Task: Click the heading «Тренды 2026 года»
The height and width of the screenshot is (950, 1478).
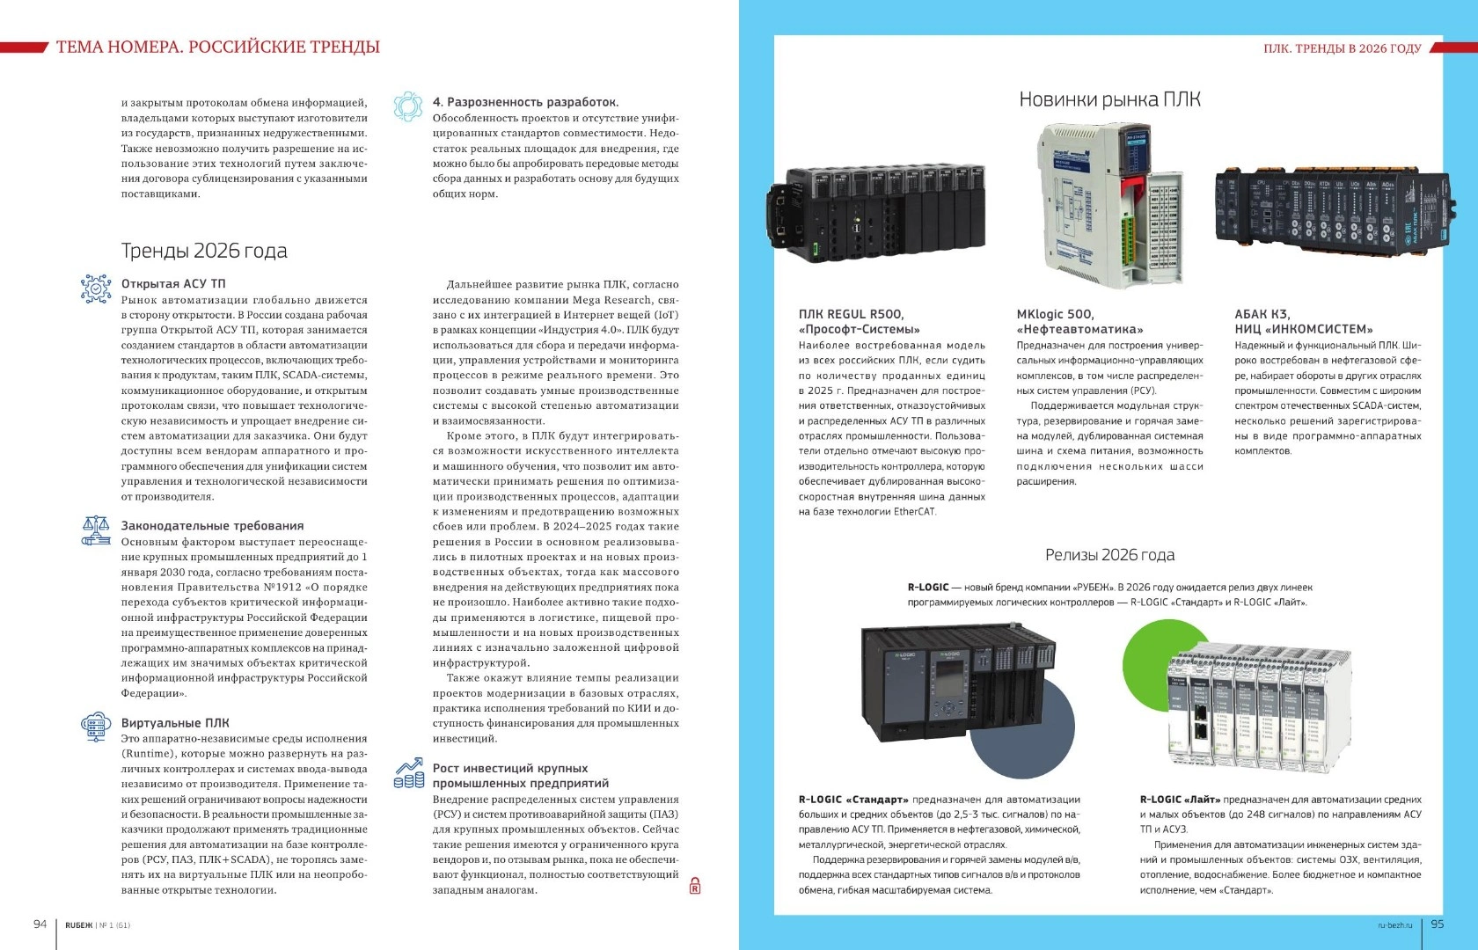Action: point(204,251)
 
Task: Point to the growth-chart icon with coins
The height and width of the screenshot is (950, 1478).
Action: point(409,774)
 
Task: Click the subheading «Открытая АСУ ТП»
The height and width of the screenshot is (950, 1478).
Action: point(173,283)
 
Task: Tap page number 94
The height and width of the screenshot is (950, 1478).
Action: point(40,924)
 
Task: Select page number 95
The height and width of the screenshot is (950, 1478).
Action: point(1438,924)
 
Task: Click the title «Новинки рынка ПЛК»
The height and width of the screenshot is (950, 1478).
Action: point(1109,99)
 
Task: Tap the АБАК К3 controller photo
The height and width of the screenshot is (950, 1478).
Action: point(1330,208)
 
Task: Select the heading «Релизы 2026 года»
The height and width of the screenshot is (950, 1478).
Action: point(1109,555)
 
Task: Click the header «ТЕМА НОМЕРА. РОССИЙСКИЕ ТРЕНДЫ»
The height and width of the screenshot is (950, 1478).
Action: point(218,47)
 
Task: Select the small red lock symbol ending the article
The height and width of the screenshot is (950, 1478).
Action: point(695,886)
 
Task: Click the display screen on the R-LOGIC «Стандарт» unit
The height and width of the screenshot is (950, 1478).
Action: point(945,680)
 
